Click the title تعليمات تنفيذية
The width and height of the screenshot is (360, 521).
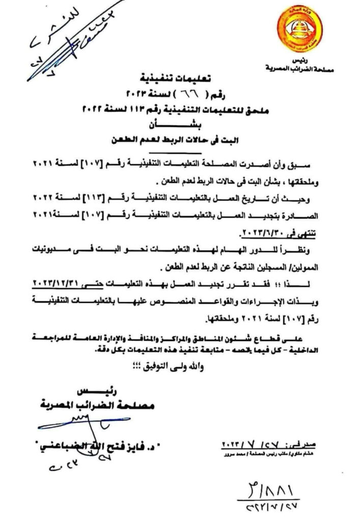click(181, 78)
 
